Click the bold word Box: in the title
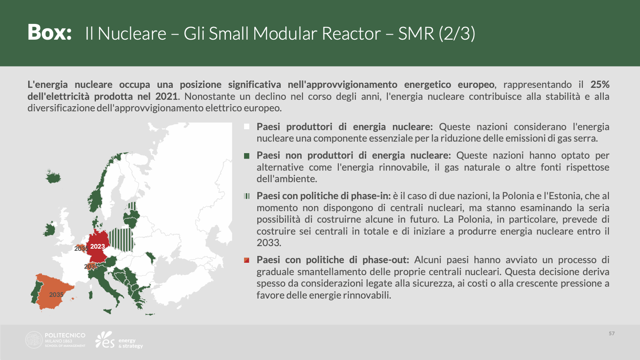[x=49, y=32]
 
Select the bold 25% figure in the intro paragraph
[x=600, y=84]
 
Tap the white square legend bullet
[x=247, y=127]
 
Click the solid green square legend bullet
[x=247, y=156]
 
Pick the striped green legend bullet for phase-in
[x=247, y=196]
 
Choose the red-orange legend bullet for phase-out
[x=247, y=260]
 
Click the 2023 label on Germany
[x=97, y=246]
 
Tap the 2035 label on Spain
[x=56, y=295]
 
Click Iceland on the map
[x=53, y=177]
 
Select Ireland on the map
[x=50, y=229]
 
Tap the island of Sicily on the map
[x=108, y=311]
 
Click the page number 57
[x=612, y=334]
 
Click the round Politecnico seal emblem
[x=34, y=340]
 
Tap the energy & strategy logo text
[x=131, y=343]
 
